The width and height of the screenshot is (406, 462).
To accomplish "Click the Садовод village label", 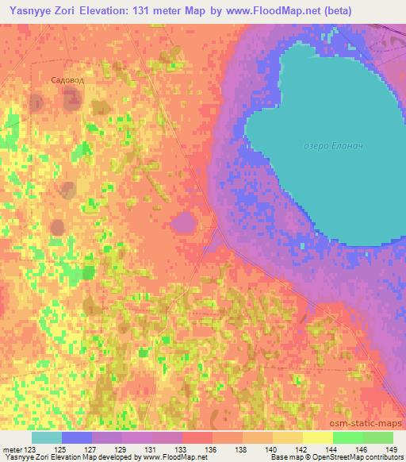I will pos(67,80).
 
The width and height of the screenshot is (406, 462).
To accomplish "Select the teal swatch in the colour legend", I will pos(47,437).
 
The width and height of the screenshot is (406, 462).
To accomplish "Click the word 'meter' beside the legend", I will pos(10,448).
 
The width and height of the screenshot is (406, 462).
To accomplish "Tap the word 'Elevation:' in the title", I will pos(114,10).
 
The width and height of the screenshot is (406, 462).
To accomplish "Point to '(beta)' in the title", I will pos(335,10).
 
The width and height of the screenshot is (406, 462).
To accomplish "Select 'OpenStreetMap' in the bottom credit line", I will pos(335,457).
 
